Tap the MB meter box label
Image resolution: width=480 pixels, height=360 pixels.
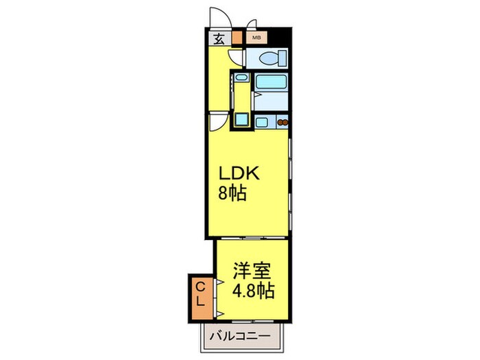(x=255, y=38)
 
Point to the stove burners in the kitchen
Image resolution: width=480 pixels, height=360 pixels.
(x=280, y=123)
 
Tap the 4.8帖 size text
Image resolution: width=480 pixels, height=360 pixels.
(x=254, y=291)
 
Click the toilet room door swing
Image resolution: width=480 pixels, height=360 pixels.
(x=237, y=58)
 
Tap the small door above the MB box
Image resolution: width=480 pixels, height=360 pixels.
(x=252, y=25)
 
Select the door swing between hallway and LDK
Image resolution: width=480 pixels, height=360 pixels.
(x=218, y=121)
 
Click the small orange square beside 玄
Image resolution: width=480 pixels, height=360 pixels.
(x=237, y=38)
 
